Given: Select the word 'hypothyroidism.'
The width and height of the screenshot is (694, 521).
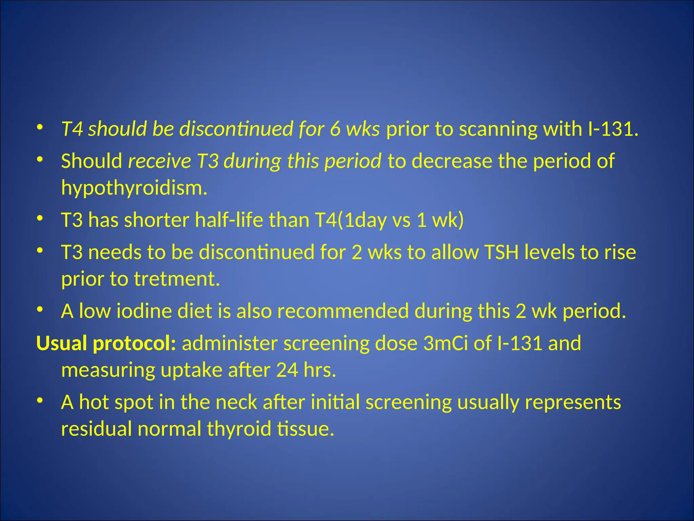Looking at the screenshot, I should (x=134, y=188).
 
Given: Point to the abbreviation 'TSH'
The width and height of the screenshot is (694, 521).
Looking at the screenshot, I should (x=502, y=252).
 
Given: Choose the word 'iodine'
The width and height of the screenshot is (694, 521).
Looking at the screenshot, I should (x=144, y=311).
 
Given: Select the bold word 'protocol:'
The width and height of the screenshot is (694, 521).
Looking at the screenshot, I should (x=135, y=343).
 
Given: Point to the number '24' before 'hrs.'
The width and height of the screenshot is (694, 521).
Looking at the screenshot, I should (x=287, y=370).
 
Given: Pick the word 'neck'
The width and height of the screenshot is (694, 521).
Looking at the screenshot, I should (x=236, y=402).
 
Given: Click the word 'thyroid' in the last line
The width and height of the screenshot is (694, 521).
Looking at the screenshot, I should (x=239, y=429).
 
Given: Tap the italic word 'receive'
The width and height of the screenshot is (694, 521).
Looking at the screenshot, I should (x=159, y=161).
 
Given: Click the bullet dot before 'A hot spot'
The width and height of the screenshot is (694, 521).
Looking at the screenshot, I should (x=40, y=401).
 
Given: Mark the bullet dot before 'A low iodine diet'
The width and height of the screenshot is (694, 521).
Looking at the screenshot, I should (x=40, y=309).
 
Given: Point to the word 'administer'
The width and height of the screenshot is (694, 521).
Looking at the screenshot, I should (x=229, y=343).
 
